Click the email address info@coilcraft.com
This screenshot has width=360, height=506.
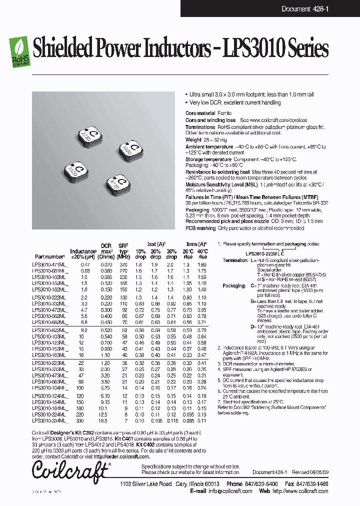pos(229,491)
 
